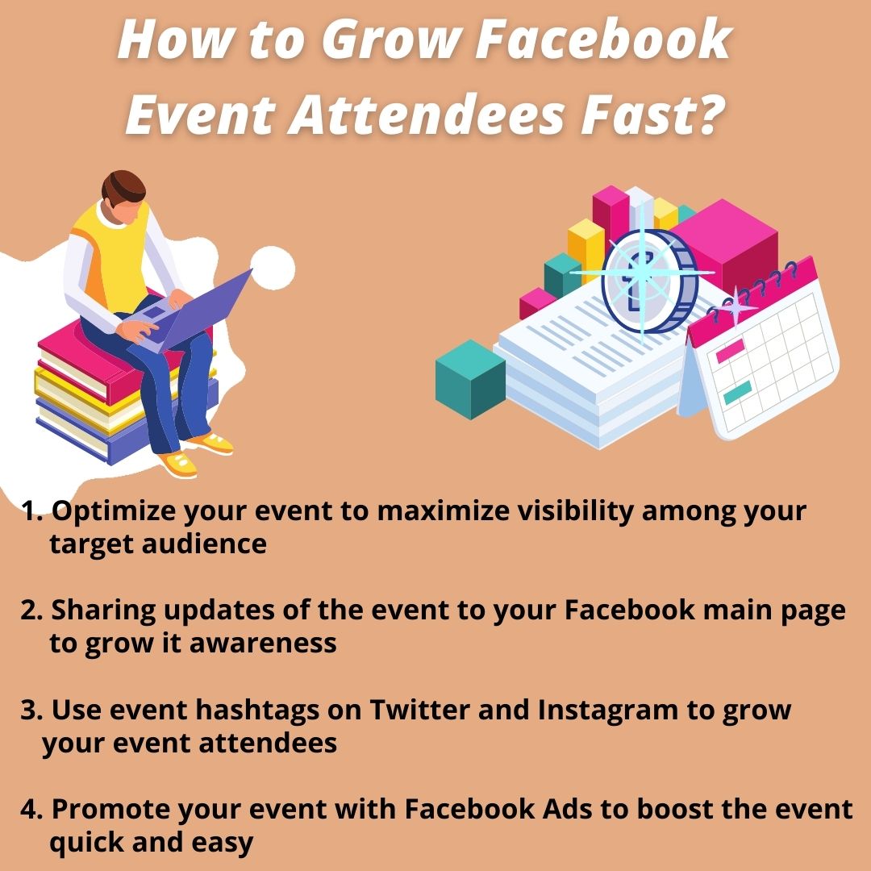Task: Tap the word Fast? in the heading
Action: click(x=652, y=115)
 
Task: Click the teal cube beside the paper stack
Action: click(x=470, y=379)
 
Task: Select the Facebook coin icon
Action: click(x=648, y=281)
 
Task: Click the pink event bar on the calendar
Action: click(x=730, y=351)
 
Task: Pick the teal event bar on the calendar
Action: click(x=738, y=393)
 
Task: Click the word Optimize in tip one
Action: click(x=114, y=512)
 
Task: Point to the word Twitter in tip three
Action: click(x=420, y=710)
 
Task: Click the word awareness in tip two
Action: click(x=263, y=644)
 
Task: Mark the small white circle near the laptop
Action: click(x=273, y=268)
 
